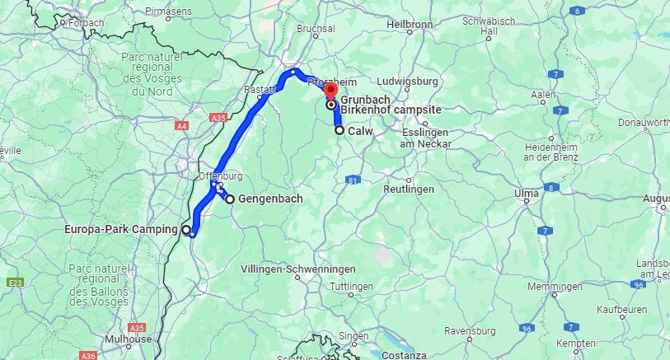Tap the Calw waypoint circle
tap(340, 130)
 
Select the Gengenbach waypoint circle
tap(230, 199)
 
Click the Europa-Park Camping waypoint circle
tap(186, 230)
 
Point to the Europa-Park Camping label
tap(120, 230)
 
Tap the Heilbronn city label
tap(410, 25)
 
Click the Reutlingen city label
tap(409, 189)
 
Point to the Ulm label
tap(526, 194)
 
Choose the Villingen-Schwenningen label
tap(298, 269)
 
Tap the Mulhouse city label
tap(129, 339)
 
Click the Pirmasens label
tap(168, 12)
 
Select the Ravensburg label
tap(468, 330)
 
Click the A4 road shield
tap(181, 126)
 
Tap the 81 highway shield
tap(353, 180)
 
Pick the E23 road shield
tap(15, 283)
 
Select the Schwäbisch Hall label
tap(490, 26)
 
